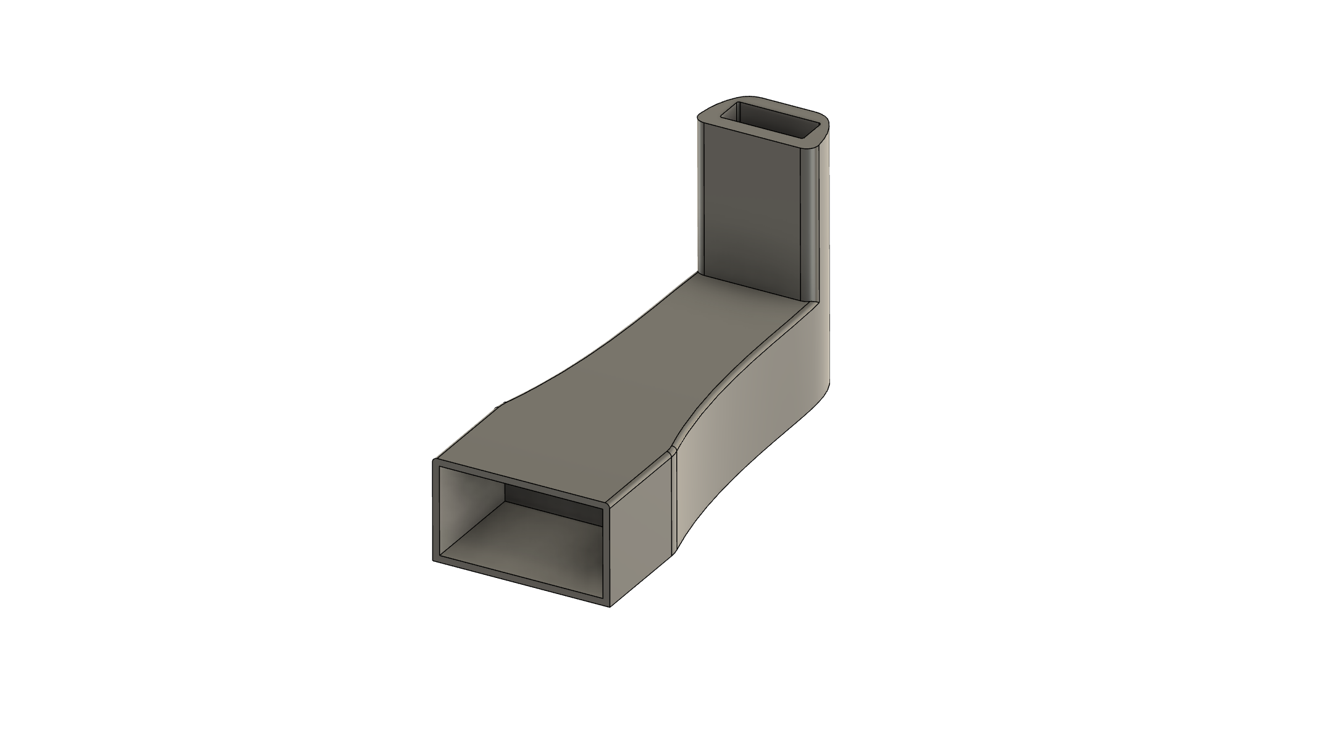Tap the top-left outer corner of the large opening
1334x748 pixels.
pos(434,461)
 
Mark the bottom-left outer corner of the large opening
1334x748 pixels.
pos(434,561)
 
